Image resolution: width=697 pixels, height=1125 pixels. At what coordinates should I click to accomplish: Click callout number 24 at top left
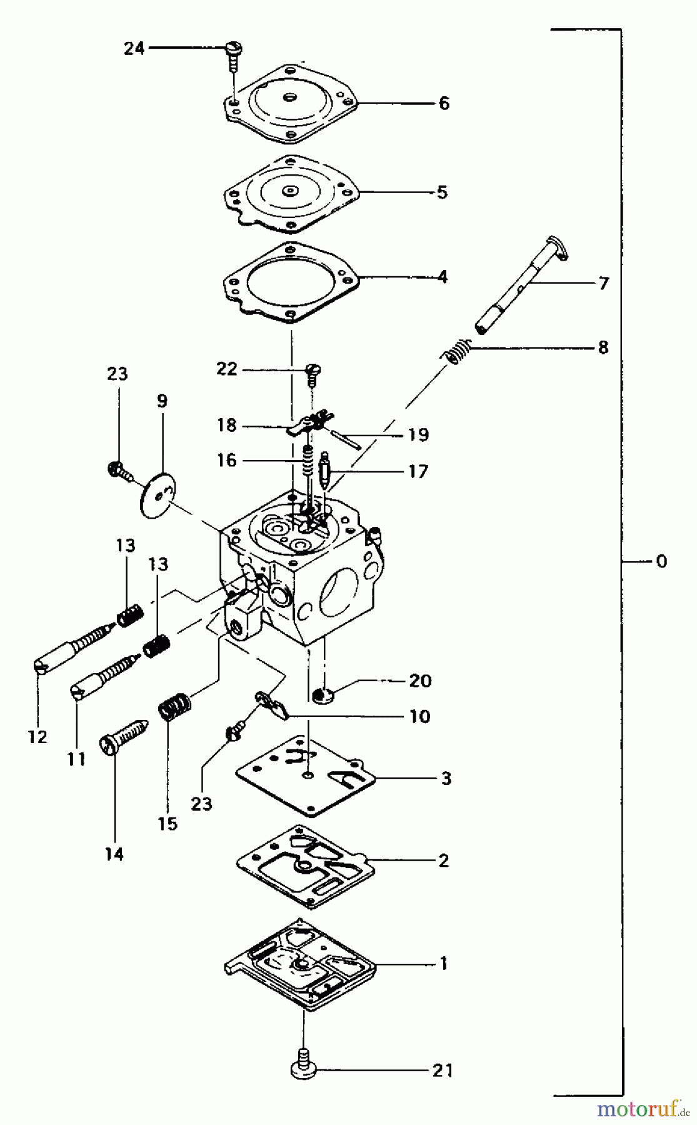pos(134,48)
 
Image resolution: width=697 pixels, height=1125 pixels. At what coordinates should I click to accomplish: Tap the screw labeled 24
pos(233,50)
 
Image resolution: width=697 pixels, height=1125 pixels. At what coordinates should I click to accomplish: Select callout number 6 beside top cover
pos(444,103)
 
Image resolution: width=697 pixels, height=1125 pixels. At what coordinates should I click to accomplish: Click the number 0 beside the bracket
pos(661,561)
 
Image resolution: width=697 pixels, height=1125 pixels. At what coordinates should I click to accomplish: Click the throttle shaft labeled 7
pos(522,284)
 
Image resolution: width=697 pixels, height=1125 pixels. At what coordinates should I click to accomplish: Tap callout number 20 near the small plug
pos(420,680)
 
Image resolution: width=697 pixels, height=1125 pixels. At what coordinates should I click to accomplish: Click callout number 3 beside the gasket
pos(446,779)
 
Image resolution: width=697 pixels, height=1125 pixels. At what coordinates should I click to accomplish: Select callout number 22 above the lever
pos(227,369)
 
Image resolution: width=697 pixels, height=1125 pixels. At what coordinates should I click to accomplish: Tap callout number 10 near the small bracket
pos(420,716)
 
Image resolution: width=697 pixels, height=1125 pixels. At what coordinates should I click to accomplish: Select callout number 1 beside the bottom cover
pos(444,964)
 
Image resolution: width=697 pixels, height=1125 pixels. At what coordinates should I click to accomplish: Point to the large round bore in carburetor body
pos(341,591)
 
